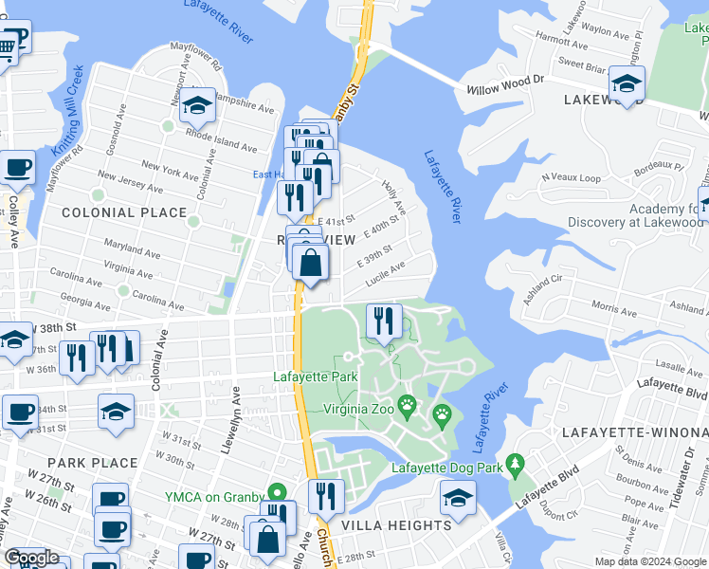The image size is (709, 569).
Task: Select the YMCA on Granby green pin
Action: click(277, 492)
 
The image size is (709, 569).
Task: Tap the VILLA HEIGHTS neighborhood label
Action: click(396, 524)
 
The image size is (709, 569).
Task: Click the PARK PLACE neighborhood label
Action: click(92, 463)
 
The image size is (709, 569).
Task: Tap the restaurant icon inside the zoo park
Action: click(384, 321)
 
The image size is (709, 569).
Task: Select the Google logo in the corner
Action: click(32, 557)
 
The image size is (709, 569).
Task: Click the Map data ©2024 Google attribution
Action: click(650, 561)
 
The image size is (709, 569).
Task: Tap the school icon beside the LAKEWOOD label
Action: click(627, 84)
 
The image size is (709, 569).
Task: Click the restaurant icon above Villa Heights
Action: click(324, 496)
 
